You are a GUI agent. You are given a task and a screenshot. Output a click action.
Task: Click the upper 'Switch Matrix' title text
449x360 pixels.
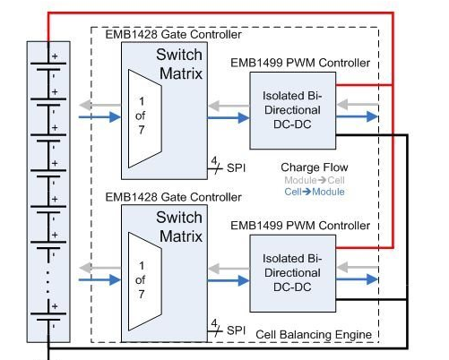pyautogui.click(x=179, y=64)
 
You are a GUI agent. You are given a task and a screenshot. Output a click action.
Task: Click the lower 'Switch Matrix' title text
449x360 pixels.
pyautogui.click(x=179, y=227)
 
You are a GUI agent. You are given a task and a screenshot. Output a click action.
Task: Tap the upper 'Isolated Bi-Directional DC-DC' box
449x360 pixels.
pyautogui.click(x=293, y=110)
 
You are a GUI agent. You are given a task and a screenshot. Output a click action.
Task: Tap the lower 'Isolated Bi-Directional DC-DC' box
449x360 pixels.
pyautogui.click(x=293, y=273)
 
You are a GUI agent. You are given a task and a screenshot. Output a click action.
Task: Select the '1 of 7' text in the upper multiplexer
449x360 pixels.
pyautogui.click(x=141, y=116)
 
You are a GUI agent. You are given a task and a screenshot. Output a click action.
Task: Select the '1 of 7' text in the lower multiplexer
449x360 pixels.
pyautogui.click(x=141, y=280)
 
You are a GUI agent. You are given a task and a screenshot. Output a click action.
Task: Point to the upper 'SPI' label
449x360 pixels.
pyautogui.click(x=236, y=167)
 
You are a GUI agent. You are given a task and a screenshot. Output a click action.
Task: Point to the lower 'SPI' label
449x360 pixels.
pyautogui.click(x=236, y=330)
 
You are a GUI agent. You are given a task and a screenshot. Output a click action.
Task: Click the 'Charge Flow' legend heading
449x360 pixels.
pyautogui.click(x=315, y=167)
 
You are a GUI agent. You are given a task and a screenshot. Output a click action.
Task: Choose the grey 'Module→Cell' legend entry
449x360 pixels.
pyautogui.click(x=315, y=180)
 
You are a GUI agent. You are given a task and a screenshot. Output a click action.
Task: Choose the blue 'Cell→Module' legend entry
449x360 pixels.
pyautogui.click(x=315, y=192)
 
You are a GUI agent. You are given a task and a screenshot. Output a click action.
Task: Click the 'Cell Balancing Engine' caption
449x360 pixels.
pyautogui.click(x=314, y=334)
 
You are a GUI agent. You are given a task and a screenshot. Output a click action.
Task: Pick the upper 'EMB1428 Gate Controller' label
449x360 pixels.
pyautogui.click(x=173, y=34)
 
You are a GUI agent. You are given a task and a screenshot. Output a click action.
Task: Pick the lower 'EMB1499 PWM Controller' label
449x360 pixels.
pyautogui.click(x=300, y=226)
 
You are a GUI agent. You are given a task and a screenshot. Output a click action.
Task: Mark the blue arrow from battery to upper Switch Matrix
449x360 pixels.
pyautogui.click(x=99, y=117)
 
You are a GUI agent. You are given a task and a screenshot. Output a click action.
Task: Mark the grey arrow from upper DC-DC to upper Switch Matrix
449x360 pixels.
pyautogui.click(x=229, y=106)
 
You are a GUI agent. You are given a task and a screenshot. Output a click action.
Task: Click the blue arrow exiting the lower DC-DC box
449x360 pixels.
pyautogui.click(x=358, y=279)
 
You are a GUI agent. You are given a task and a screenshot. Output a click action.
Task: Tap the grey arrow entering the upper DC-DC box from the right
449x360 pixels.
pyautogui.click(x=358, y=105)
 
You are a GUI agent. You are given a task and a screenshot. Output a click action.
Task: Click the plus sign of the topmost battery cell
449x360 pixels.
pyautogui.click(x=55, y=56)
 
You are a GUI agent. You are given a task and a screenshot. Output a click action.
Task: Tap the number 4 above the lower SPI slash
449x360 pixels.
pyautogui.click(x=214, y=323)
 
